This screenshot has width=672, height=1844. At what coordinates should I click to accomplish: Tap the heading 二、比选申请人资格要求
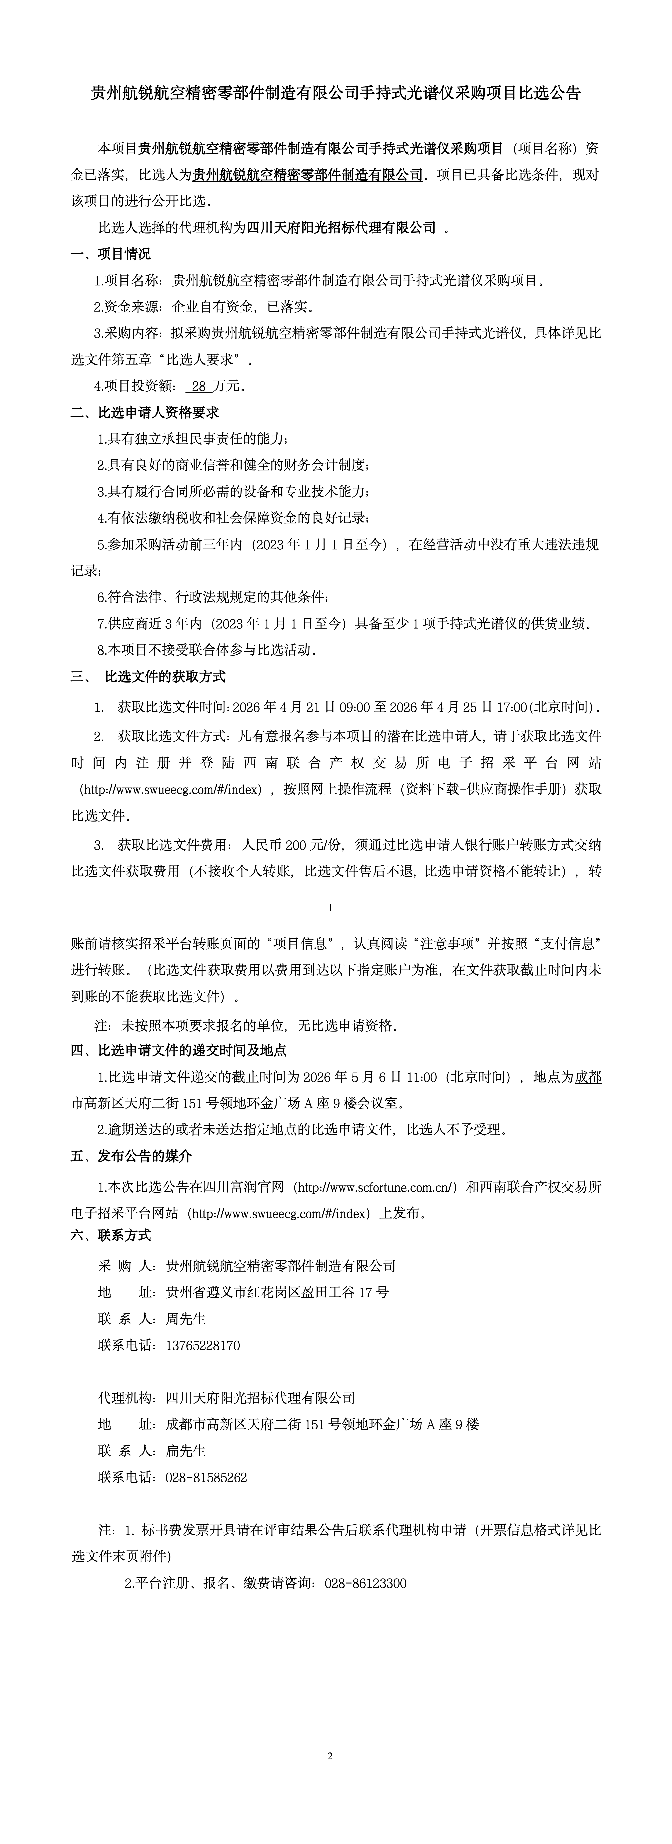click(144, 412)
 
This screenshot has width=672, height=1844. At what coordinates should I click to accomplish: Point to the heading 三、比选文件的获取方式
click(148, 677)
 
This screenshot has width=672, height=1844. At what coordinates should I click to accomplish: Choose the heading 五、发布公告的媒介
click(131, 1156)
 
